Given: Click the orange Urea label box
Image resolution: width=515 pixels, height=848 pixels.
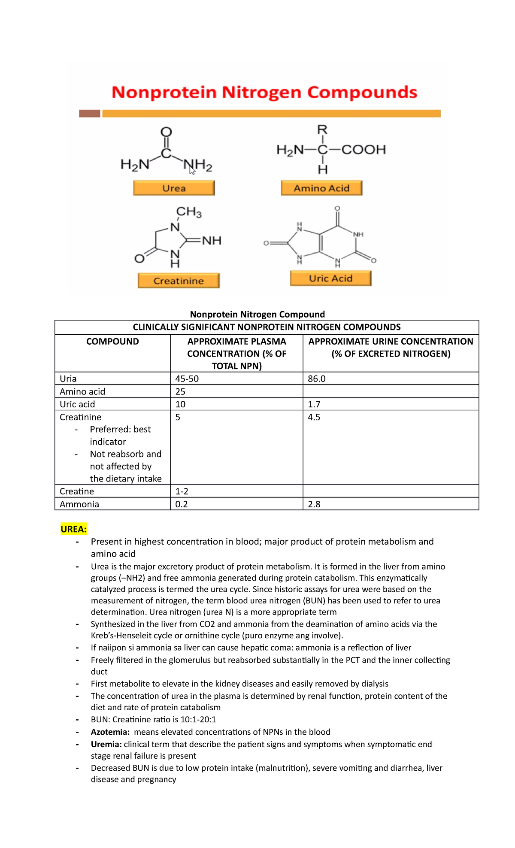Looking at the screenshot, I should click(174, 188).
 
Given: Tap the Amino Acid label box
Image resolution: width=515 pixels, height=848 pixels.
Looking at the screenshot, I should click(321, 188).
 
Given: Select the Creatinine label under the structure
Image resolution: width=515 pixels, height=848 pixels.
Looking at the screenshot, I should click(179, 281).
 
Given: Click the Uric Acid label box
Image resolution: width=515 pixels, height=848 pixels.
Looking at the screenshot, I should click(330, 278).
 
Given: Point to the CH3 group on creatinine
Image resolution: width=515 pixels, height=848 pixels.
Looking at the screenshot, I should click(189, 212).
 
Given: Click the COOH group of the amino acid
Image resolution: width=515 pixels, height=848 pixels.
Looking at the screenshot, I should click(364, 149).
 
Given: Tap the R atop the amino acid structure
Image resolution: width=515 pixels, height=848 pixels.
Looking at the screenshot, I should click(322, 129).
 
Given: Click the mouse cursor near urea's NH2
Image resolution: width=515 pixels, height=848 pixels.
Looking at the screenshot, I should click(192, 171).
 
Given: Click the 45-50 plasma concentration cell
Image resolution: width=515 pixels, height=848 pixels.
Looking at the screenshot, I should click(187, 379).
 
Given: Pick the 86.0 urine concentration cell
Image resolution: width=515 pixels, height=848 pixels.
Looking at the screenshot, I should click(317, 379).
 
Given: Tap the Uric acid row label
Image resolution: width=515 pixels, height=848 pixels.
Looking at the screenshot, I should click(77, 404).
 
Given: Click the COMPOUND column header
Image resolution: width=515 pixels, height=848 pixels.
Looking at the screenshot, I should click(112, 342).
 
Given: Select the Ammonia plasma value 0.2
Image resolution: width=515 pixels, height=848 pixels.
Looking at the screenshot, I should click(182, 504).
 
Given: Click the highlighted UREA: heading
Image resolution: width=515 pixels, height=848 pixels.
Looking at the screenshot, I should click(74, 529).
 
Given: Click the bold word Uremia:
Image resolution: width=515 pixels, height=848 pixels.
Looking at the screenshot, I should click(106, 744).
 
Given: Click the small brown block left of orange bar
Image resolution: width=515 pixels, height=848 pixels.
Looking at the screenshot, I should click(89, 113).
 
